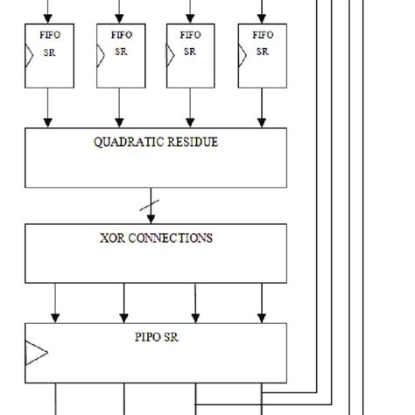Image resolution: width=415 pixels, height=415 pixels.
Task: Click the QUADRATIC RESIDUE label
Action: [x=156, y=142]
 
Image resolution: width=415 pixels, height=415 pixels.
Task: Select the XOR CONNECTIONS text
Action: [x=156, y=237]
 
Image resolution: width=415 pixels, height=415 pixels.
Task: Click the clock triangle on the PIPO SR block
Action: [x=36, y=354]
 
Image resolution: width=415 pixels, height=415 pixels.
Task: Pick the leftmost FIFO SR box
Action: [x=49, y=54]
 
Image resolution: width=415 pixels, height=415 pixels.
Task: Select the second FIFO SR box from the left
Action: [x=120, y=54]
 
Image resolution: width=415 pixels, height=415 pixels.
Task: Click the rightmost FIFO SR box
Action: [x=262, y=54]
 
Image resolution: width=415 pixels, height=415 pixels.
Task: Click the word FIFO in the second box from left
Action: [x=120, y=37]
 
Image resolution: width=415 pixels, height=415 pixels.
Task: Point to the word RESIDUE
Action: [x=195, y=142]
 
